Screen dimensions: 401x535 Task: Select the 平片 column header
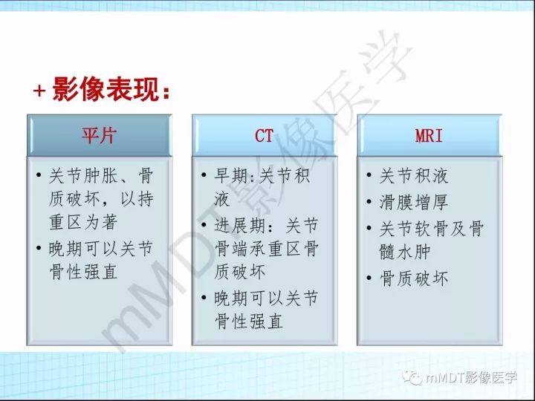coord(99,136)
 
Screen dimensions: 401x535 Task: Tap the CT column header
coord(264,136)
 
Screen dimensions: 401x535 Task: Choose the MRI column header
coord(429,136)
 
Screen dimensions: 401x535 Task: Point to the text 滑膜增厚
coord(414,202)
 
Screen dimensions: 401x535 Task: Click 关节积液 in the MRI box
coord(414,177)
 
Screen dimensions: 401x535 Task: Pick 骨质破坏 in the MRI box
coord(414,278)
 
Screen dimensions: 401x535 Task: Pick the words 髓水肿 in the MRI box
coord(405,252)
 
